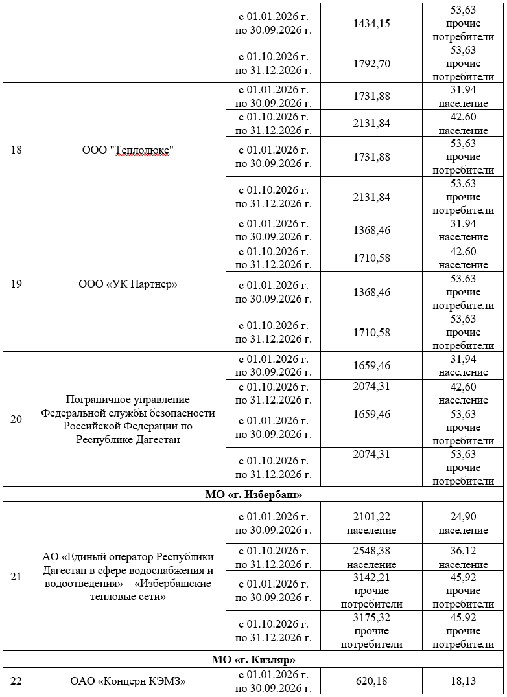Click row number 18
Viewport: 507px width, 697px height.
click(16, 150)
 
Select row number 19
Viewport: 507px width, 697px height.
click(16, 284)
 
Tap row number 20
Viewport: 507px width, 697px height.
click(16, 419)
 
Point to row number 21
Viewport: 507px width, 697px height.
click(16, 577)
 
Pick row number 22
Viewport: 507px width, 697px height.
click(16, 681)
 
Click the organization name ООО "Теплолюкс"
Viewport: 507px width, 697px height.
click(128, 150)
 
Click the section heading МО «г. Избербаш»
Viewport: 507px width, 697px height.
click(254, 494)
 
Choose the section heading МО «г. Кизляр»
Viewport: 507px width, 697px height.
click(254, 659)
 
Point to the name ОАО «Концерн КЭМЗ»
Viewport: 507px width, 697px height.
click(128, 681)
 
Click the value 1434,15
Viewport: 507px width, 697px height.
click(371, 23)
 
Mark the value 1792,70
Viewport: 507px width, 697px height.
click(371, 63)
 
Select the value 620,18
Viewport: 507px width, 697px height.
click(371, 681)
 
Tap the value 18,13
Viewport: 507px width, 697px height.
click(463, 681)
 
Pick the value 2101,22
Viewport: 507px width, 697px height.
click(371, 516)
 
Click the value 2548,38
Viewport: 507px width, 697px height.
click(371, 551)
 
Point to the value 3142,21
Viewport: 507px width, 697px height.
click(371, 577)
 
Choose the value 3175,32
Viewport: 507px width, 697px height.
click(371, 617)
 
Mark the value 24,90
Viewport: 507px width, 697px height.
click(463, 516)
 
